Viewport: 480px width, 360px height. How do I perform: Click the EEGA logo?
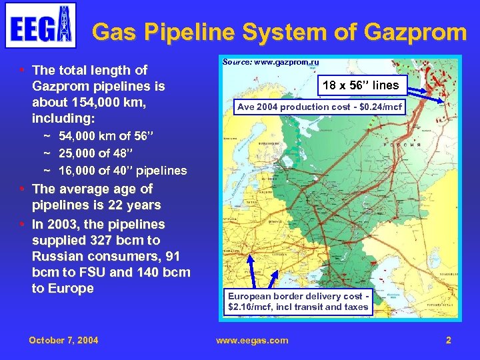click(40, 25)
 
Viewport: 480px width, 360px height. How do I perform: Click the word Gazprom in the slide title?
click(419, 31)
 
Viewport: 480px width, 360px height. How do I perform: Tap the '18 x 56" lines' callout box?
click(360, 85)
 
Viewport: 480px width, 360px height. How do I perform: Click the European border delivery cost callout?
click(298, 301)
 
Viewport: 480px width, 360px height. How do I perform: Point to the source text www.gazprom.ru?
click(271, 62)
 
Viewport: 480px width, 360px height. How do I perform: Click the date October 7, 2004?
click(63, 340)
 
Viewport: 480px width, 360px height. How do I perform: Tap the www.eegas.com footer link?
click(252, 340)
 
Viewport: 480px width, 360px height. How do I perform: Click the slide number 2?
click(449, 340)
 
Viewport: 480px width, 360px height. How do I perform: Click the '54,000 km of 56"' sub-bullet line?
click(106, 137)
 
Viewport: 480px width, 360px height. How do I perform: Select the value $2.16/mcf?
click(251, 307)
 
